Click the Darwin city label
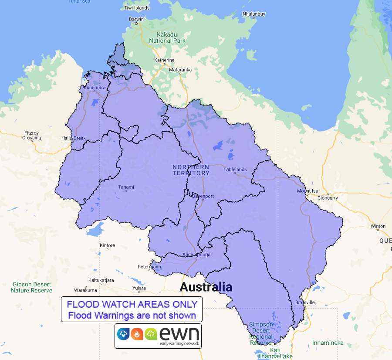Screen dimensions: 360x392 pyautogui.click(x=136, y=19)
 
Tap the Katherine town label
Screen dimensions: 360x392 pyautogui.click(x=164, y=60)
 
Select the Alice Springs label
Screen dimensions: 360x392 pyautogui.click(x=196, y=255)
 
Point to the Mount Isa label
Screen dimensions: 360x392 pyautogui.click(x=308, y=191)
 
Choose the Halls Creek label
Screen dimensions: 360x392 pyautogui.click(x=74, y=138)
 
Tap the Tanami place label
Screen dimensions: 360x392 pyautogui.click(x=126, y=187)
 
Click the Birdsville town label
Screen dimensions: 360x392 pyautogui.click(x=305, y=302)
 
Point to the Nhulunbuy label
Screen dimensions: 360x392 pyautogui.click(x=253, y=14)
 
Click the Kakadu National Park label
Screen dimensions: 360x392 pyautogui.click(x=167, y=37)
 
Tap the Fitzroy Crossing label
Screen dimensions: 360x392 pyautogui.click(x=32, y=135)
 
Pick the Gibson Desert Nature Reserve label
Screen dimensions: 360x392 pyautogui.click(x=32, y=287)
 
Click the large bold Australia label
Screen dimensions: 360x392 pyautogui.click(x=206, y=287)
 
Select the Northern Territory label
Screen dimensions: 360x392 pyautogui.click(x=191, y=170)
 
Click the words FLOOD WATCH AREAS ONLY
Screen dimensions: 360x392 pyautogui.click(x=132, y=304)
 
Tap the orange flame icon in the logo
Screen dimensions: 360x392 pyautogui.click(x=137, y=334)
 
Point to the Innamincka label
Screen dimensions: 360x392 pyautogui.click(x=328, y=343)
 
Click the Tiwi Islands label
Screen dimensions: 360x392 pyautogui.click(x=137, y=8)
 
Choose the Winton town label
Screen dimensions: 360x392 pyautogui.click(x=378, y=226)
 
